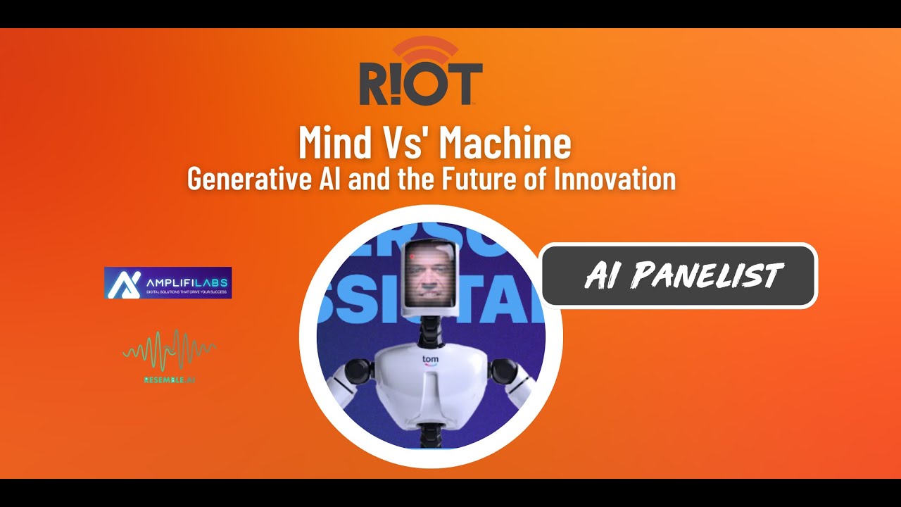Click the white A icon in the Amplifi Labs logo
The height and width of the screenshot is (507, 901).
[x=123, y=282]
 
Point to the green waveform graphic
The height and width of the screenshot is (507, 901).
[x=169, y=349]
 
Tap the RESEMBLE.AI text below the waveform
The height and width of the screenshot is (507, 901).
[x=169, y=380]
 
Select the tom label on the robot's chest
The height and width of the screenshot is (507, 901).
[x=430, y=359]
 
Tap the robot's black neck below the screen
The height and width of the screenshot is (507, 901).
[x=429, y=331]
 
